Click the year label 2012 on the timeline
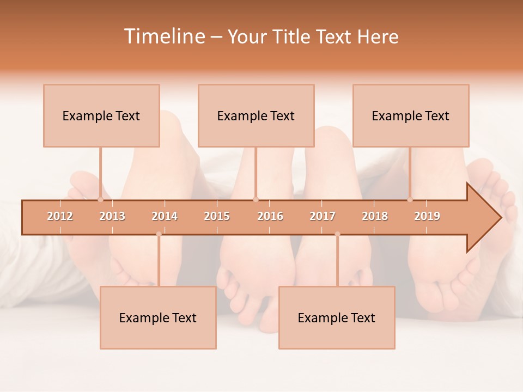[60, 216]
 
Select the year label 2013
[112, 216]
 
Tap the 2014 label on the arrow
[165, 216]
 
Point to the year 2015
[217, 216]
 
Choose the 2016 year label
[270, 216]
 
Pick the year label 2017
[323, 216]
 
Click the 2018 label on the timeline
[375, 216]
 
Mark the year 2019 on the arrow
[427, 216]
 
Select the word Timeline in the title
[163, 36]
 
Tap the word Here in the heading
[378, 36]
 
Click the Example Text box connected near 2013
[101, 115]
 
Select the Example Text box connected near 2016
[256, 115]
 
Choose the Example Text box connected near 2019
[411, 115]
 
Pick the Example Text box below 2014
[158, 317]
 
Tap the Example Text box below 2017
[337, 317]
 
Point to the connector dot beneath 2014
[159, 234]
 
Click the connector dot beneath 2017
[337, 234]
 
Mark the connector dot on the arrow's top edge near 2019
[410, 200]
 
